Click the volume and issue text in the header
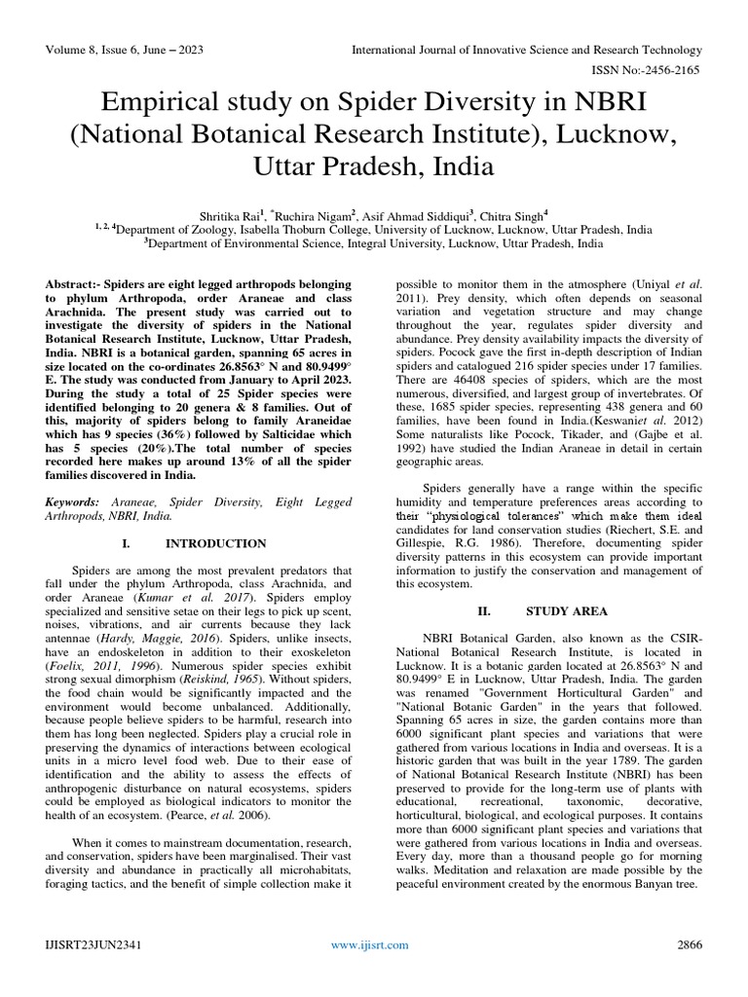click(x=126, y=49)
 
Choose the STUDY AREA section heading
click(x=567, y=611)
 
